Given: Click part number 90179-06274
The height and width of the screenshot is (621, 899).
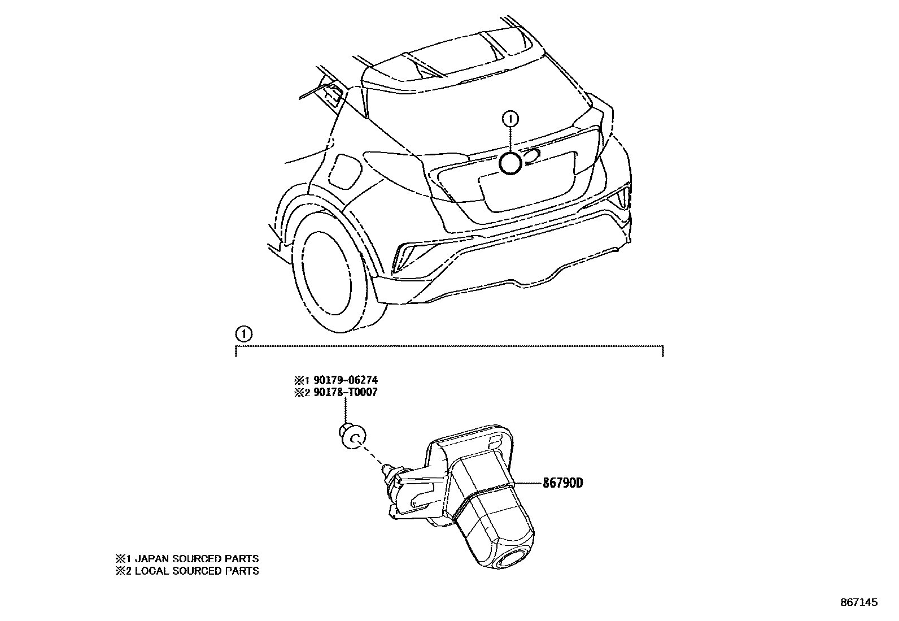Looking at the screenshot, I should (343, 380).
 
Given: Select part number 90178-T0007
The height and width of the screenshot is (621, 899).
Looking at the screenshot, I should (343, 392).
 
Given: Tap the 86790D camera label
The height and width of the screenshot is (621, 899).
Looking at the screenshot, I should (562, 483).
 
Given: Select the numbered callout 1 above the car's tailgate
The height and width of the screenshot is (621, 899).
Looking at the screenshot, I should (510, 119).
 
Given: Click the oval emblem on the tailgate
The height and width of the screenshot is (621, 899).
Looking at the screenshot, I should (531, 157).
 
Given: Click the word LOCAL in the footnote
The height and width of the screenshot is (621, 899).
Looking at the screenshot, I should (151, 571).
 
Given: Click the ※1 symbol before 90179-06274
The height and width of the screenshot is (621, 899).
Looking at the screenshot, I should (299, 380).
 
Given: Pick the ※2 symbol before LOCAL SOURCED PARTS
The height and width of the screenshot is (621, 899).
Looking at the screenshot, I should (123, 571).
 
